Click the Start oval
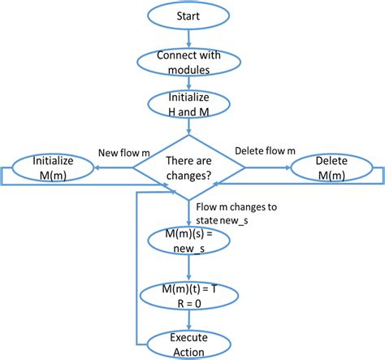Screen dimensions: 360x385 [x=189, y=16]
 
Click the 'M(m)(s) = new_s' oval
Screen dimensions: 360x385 [x=189, y=241]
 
